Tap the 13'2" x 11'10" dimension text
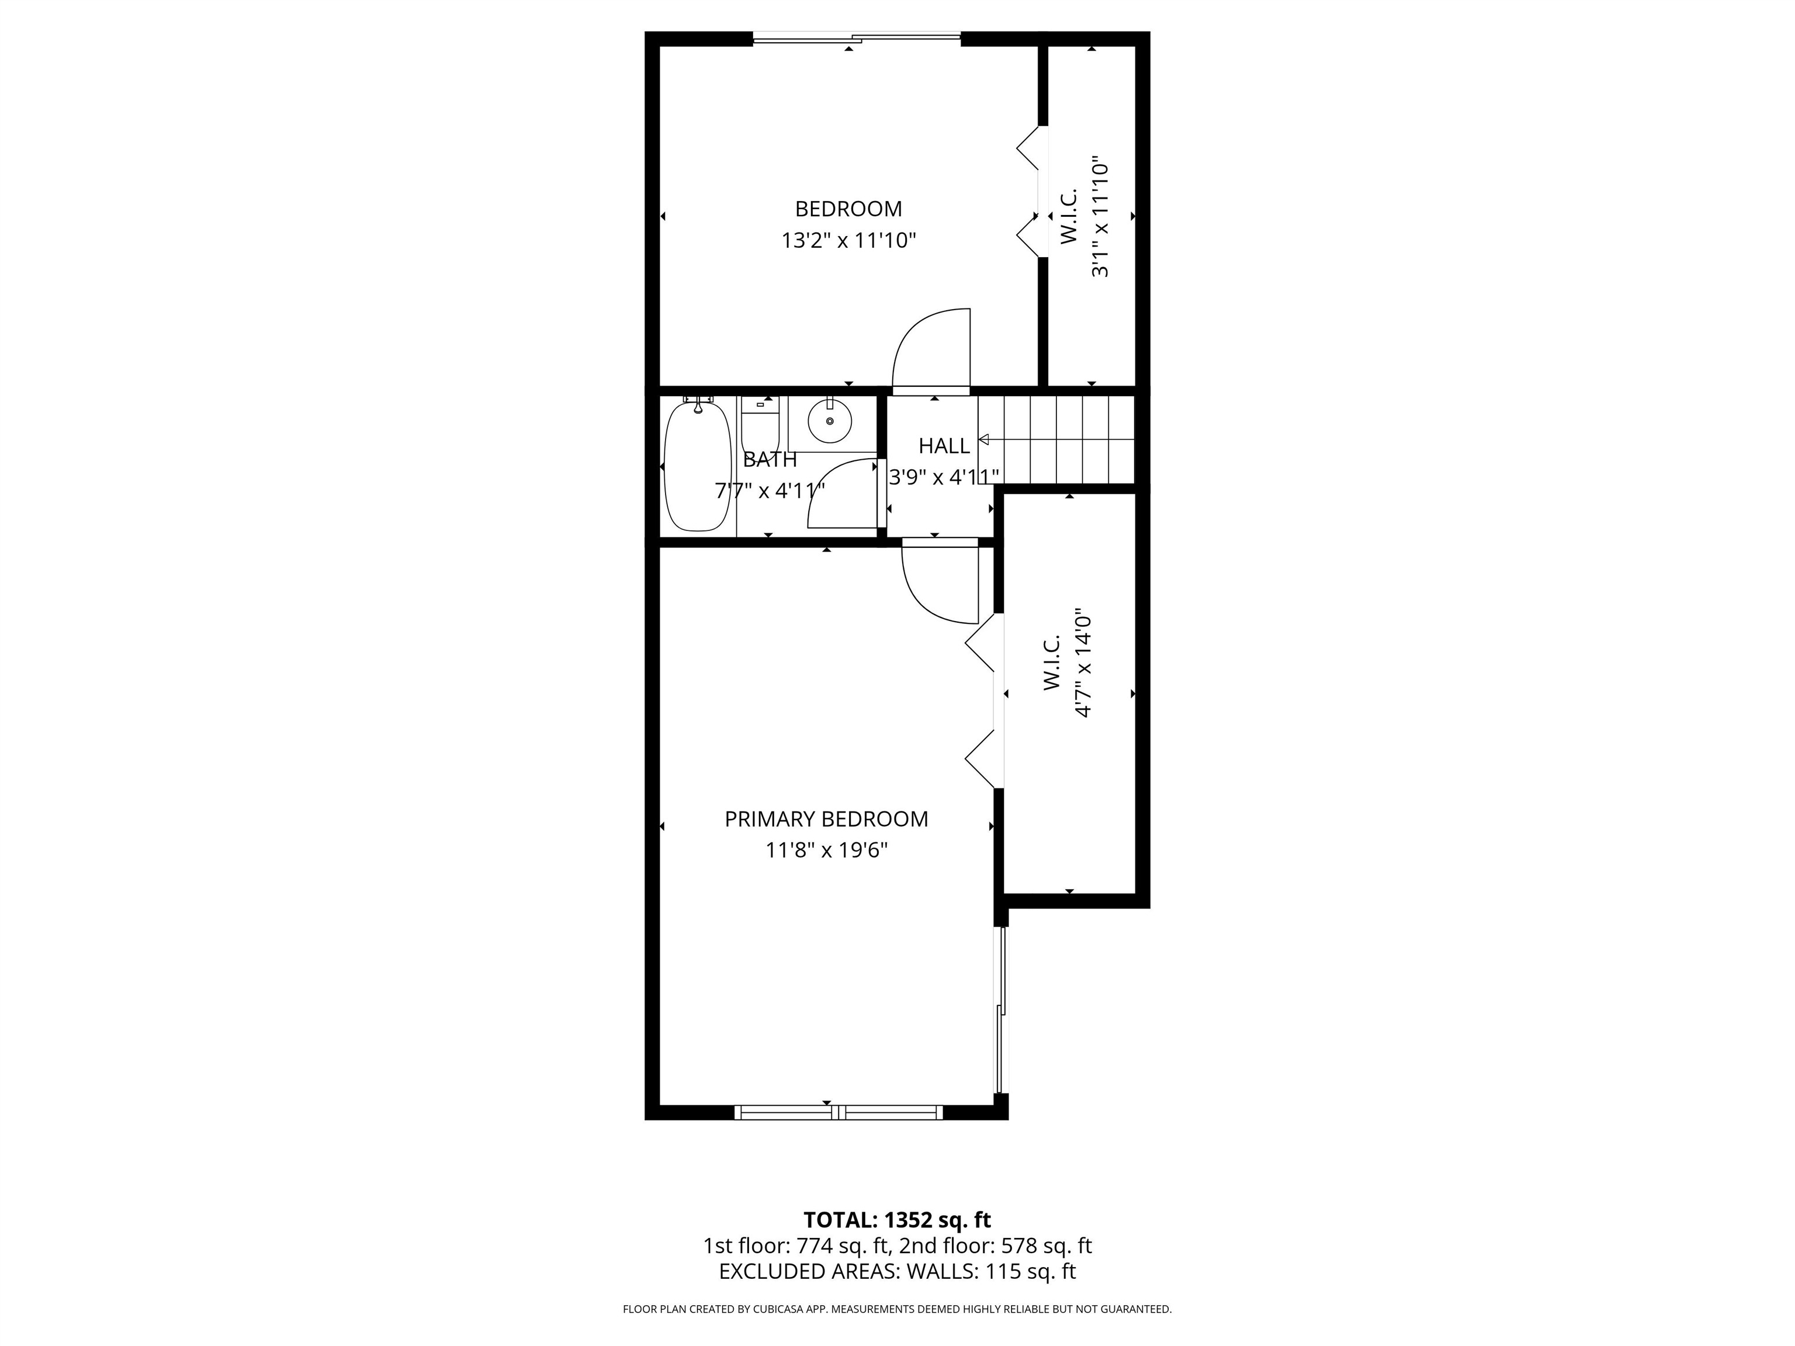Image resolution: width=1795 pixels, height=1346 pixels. click(849, 241)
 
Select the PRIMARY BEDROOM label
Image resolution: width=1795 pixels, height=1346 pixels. click(826, 820)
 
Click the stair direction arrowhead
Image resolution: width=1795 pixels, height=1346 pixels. click(983, 440)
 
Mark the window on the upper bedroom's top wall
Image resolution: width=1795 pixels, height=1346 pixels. click(857, 36)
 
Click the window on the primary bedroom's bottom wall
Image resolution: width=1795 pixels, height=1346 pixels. click(838, 1112)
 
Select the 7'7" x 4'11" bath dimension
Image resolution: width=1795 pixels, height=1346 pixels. click(770, 491)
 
